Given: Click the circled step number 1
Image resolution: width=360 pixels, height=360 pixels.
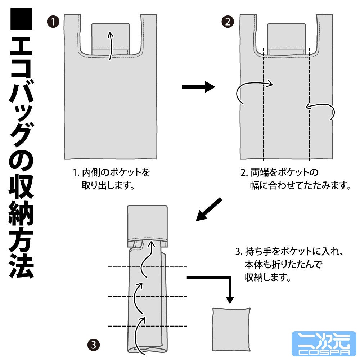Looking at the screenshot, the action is click(x=53, y=22).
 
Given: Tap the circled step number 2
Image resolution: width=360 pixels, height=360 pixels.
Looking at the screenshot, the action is click(x=228, y=22).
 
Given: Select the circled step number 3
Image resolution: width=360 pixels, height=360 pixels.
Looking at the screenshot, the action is click(x=94, y=345).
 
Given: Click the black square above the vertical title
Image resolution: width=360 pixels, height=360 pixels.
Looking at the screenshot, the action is click(x=21, y=19).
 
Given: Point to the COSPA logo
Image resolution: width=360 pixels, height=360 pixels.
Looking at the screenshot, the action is click(x=324, y=343).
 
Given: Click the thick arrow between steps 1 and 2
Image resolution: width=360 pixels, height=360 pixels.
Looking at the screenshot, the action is click(x=198, y=87).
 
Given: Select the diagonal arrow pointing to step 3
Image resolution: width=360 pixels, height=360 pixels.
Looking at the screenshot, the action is click(x=209, y=210).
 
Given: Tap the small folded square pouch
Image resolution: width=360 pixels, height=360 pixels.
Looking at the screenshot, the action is click(x=231, y=329).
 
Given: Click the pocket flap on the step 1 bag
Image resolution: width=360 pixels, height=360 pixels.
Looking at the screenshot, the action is click(x=111, y=39).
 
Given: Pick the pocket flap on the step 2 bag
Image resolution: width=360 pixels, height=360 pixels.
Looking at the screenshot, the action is click(x=287, y=39).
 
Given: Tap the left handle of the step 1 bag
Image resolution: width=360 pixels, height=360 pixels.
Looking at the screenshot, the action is click(x=72, y=35).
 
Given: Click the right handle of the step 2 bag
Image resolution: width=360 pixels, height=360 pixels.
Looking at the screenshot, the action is click(x=324, y=35).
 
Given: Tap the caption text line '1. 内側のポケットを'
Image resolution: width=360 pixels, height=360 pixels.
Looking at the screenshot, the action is click(x=111, y=172).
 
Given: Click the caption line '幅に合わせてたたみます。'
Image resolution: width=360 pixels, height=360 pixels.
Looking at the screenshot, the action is click(x=300, y=185).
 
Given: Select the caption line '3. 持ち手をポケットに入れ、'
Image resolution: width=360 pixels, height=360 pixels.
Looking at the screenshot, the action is click(x=289, y=252).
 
